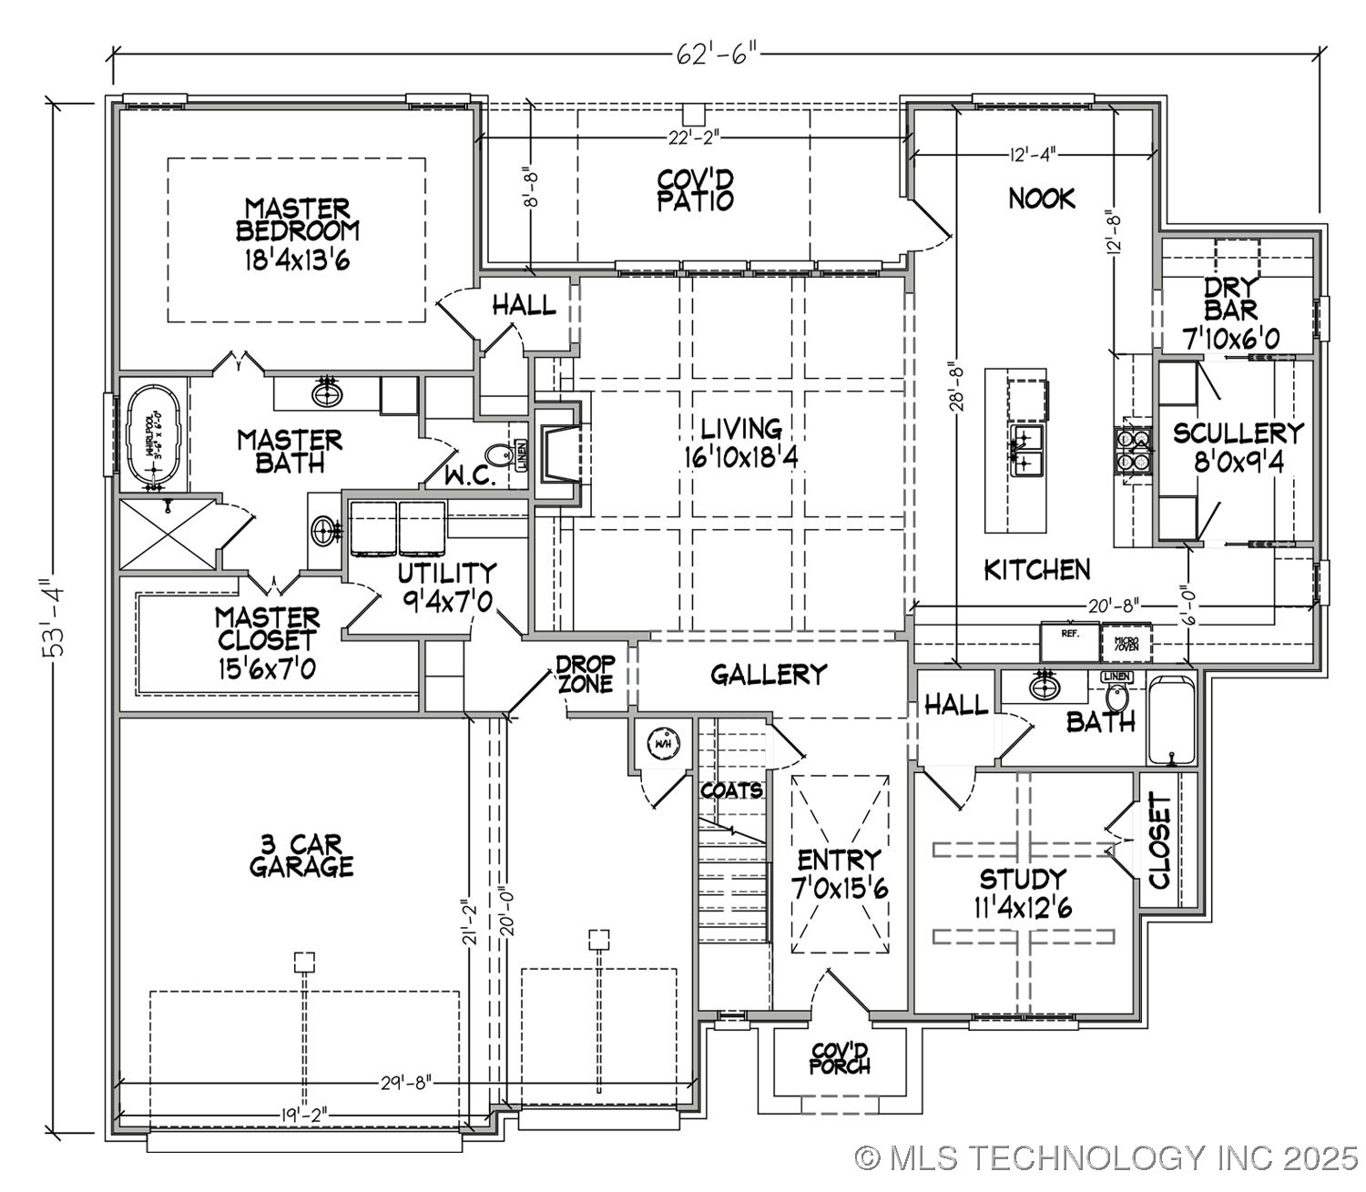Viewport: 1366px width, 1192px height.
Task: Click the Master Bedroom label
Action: (x=297, y=219)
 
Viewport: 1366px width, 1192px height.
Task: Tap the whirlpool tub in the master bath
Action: (x=153, y=435)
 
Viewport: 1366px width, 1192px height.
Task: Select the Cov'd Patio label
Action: (x=695, y=189)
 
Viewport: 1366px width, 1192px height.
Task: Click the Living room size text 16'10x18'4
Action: (x=742, y=457)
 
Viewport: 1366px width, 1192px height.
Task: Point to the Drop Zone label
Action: (x=586, y=673)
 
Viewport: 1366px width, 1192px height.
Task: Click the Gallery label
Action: (x=769, y=674)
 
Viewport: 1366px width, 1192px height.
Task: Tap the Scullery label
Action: (x=1238, y=433)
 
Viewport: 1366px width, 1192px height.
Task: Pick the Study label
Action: (x=1023, y=879)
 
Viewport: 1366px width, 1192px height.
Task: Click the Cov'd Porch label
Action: (x=839, y=1058)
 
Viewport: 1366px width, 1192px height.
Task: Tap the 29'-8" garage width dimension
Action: (x=404, y=1083)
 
